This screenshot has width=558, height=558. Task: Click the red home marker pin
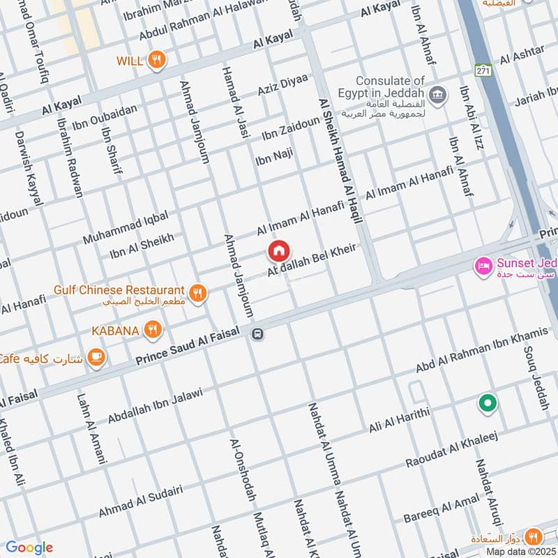click(278, 250)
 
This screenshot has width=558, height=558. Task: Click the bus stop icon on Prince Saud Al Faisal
click(257, 334)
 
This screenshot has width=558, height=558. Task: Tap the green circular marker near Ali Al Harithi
click(487, 403)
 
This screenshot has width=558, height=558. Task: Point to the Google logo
click(29, 548)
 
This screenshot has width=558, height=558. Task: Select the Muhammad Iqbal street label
click(126, 228)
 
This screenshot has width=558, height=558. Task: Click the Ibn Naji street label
click(274, 158)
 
